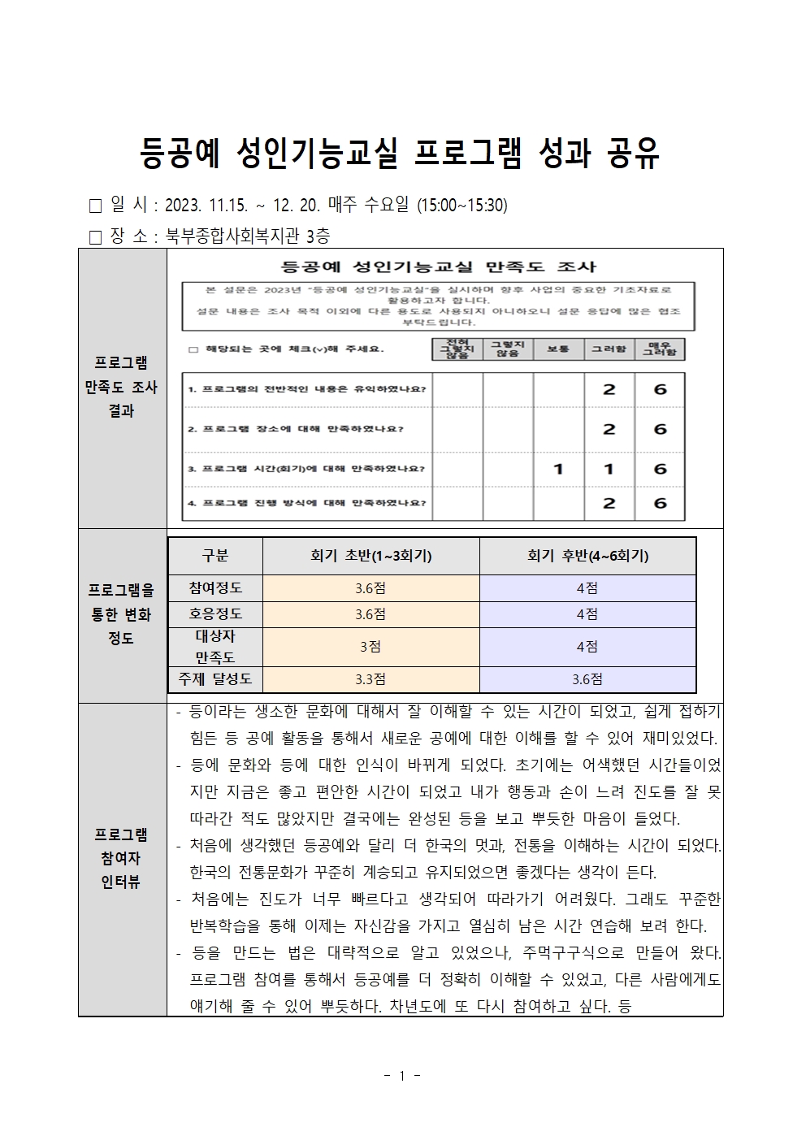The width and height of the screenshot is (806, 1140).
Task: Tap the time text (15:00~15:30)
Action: (461, 206)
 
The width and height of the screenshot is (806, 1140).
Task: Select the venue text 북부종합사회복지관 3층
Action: (248, 236)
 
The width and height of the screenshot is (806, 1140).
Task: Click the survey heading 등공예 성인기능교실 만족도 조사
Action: (438, 267)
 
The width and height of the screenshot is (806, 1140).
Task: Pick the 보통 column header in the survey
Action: (557, 349)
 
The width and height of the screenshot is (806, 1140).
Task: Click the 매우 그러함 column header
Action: (659, 349)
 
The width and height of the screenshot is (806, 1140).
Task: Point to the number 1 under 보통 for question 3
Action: (557, 469)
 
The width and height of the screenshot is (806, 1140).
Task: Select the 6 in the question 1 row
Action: (659, 390)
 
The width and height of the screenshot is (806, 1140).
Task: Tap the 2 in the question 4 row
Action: (609, 504)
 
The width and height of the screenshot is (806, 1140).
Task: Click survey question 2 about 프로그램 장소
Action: (296, 429)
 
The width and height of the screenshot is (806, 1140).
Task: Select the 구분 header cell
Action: (215, 556)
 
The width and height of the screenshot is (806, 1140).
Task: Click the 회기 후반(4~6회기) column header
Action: (587, 556)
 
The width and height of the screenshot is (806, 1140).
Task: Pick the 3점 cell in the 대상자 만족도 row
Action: (370, 647)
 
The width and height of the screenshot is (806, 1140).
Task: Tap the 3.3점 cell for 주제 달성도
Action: (370, 679)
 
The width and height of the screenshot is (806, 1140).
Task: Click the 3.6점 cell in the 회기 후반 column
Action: (587, 679)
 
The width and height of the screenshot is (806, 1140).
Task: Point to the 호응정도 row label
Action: (215, 614)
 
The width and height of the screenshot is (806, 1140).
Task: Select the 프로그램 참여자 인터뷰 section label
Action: (121, 858)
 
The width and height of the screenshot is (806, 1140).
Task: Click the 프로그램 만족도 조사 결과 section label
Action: (121, 387)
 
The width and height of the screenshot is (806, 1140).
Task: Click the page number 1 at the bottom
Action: (402, 1077)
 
